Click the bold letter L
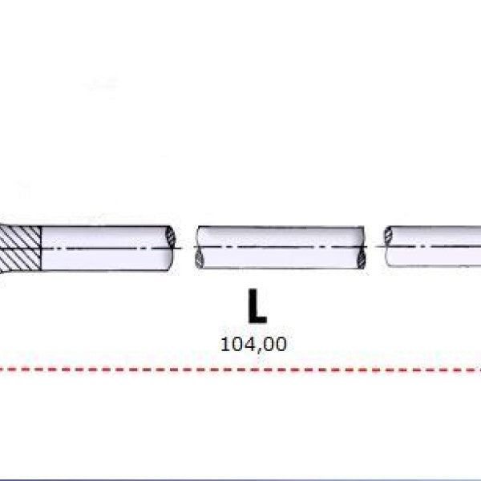257,306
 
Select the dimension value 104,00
253,344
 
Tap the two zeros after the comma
275,344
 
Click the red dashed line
240,370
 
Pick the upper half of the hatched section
20,236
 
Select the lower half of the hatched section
21,259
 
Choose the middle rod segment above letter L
281,248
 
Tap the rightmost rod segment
433,246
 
